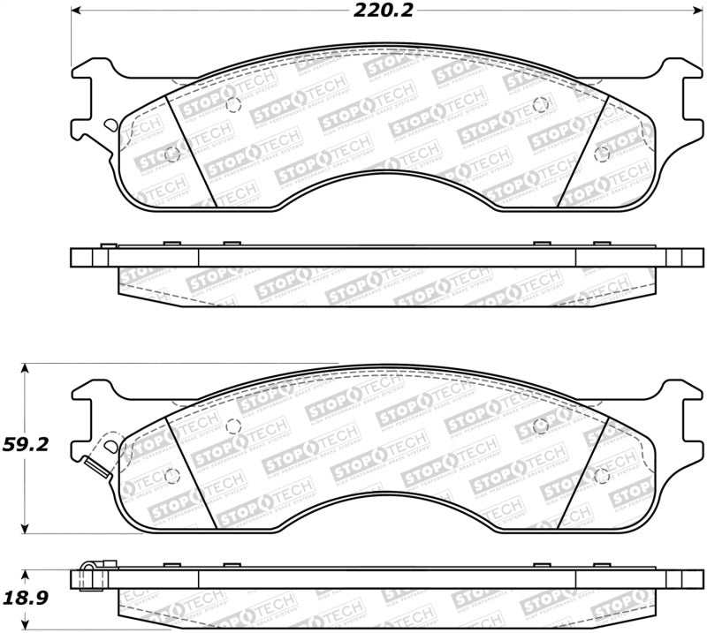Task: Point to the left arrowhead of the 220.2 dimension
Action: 74,11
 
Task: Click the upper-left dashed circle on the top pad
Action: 233,105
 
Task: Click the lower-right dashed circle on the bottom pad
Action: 603,476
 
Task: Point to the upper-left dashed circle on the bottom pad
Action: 233,426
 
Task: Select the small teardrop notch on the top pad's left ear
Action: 108,129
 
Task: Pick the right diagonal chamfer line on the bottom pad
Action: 585,472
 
